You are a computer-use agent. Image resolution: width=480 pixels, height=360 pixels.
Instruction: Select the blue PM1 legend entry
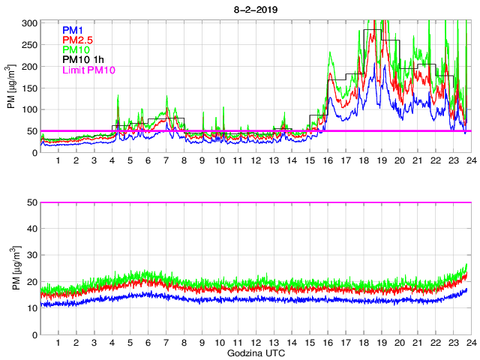pos(73,29)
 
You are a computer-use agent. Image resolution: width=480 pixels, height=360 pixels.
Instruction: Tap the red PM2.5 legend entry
pos(78,40)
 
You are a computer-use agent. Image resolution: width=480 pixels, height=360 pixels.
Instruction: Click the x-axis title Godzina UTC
pos(255,352)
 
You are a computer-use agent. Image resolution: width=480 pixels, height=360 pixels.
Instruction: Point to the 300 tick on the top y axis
pos(30,23)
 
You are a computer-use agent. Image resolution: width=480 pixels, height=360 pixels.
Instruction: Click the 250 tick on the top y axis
pos(30,45)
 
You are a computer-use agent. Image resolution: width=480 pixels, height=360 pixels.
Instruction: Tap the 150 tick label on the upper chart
pos(30,88)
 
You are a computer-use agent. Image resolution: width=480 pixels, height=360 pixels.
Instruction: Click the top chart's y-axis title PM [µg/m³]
pos(11,88)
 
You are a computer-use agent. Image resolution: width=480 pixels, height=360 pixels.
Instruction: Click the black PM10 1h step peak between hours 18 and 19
pos(372,29)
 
